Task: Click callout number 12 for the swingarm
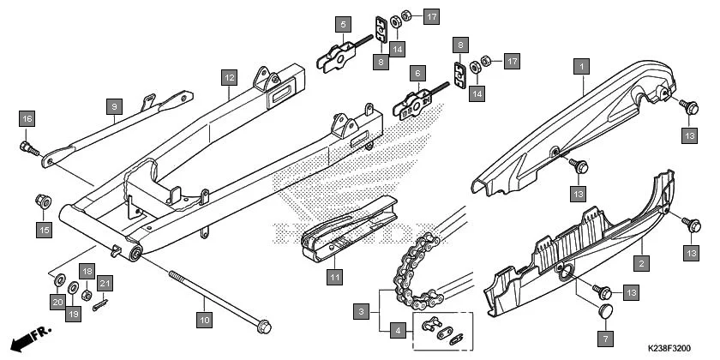228,78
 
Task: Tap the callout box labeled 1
581,65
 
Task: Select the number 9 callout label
112,105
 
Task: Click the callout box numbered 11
334,277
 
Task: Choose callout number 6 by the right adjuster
417,75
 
